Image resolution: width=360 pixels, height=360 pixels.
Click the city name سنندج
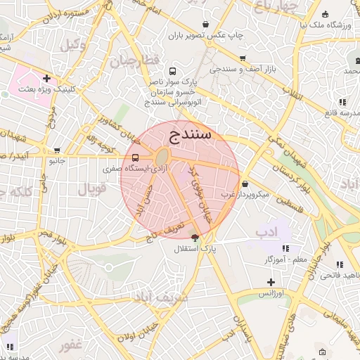point(191,136)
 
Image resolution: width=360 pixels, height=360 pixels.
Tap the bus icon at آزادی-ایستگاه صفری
point(135,158)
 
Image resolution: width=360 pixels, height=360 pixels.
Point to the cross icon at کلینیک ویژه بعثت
point(46,78)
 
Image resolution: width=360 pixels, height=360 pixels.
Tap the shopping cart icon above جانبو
point(57,150)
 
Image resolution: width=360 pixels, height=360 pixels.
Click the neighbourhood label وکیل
point(72,45)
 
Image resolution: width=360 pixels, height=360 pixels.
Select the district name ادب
point(267,231)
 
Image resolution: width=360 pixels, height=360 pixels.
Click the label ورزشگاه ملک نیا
point(326,25)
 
